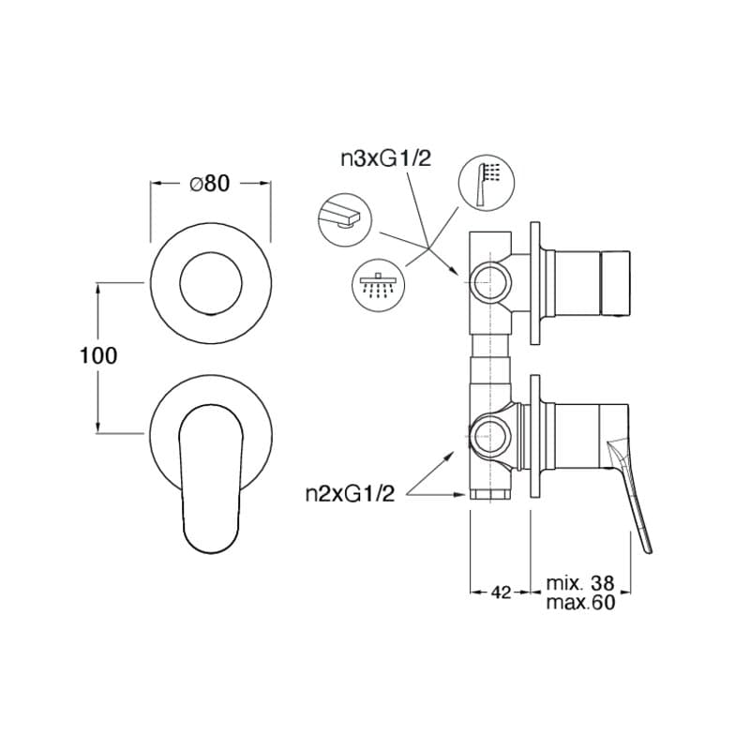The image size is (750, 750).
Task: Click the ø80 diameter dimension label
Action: (210, 183)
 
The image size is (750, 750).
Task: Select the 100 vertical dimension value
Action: (98, 356)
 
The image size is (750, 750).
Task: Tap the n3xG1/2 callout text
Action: (385, 158)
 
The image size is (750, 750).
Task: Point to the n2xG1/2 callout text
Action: (350, 494)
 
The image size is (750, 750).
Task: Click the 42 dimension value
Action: (502, 592)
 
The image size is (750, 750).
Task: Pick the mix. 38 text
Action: (580, 583)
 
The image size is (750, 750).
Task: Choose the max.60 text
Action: (580, 602)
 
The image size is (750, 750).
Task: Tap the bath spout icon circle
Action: (344, 218)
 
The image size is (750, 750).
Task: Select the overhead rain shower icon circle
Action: (379, 286)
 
